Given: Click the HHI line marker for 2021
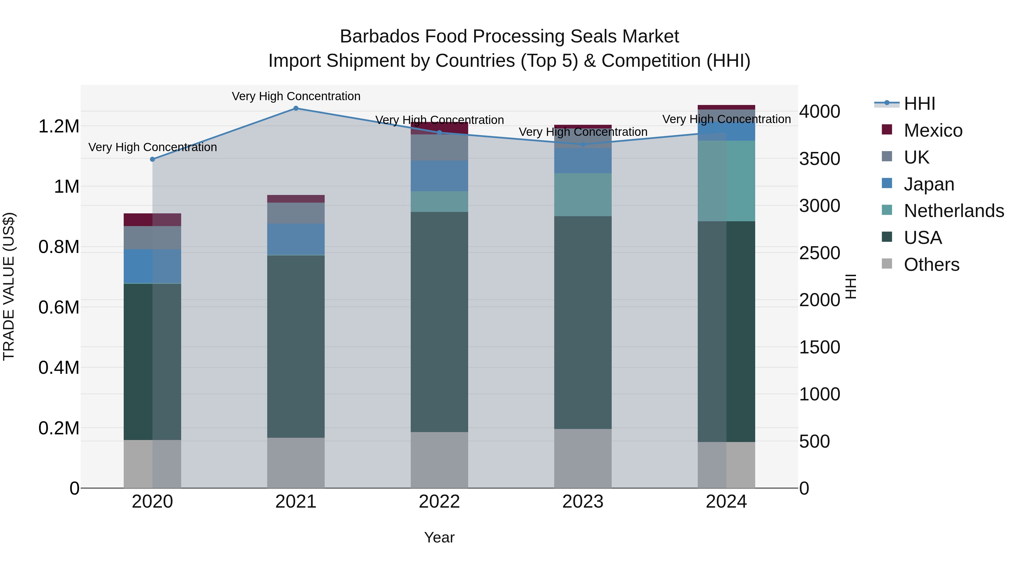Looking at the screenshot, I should pyautogui.click(x=296, y=108).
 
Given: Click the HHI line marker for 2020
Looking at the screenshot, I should pyautogui.click(x=152, y=159).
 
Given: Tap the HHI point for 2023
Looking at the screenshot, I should pyautogui.click(x=583, y=145).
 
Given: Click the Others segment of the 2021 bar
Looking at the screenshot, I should pyautogui.click(x=296, y=463).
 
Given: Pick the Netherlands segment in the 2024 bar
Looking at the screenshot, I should pyautogui.click(x=726, y=181).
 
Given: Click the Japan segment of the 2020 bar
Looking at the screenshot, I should pyautogui.click(x=152, y=266).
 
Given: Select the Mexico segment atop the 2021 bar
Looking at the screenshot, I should pyautogui.click(x=296, y=199).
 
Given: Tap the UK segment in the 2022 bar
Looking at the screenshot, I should pyautogui.click(x=439, y=147).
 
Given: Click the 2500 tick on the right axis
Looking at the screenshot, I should pyautogui.click(x=819, y=253).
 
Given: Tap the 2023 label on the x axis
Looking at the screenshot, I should pyautogui.click(x=583, y=502).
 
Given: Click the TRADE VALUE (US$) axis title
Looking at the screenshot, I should pyautogui.click(x=9, y=286).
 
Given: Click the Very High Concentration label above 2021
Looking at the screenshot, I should pyautogui.click(x=296, y=96).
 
